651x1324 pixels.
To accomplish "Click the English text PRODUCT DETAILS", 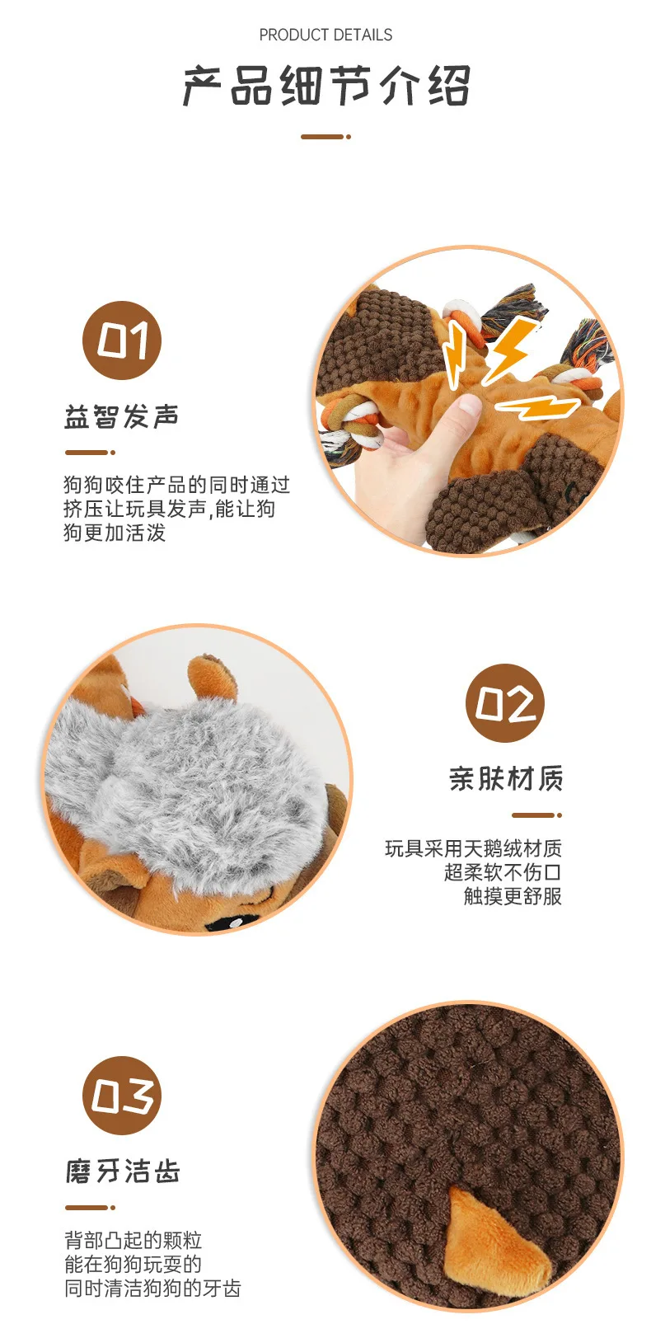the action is point(325,35).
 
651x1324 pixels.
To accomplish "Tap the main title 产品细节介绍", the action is point(326,87).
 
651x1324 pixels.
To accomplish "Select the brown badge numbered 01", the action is point(122,340).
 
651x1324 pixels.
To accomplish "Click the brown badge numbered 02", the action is point(505,703).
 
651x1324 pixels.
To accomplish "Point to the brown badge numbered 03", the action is point(122,1096).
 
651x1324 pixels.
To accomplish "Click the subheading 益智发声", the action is point(121,416).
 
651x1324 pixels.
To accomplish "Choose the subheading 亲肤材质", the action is point(506,778).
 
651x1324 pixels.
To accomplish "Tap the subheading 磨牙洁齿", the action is point(122,1171).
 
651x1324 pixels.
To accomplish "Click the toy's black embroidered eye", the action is point(231,922).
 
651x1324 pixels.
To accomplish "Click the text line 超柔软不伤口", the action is point(503,872).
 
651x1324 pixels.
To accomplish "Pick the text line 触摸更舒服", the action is point(513,896).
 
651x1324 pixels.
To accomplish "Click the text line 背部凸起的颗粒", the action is point(133,1240).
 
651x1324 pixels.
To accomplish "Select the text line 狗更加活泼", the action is point(115,533).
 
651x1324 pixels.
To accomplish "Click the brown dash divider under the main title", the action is point(325,137).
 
